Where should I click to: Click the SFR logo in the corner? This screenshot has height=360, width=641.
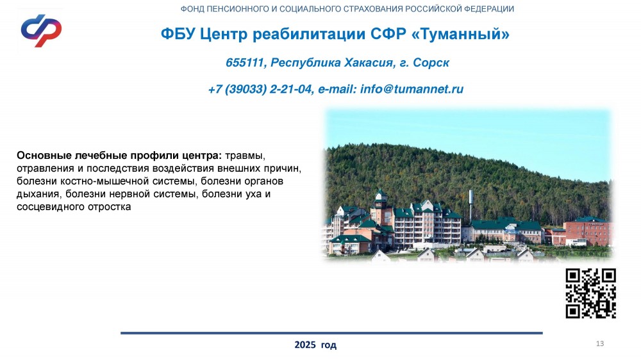click(41, 31)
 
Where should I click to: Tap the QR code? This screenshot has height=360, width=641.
click(591, 293)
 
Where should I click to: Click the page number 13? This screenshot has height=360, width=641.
click(600, 343)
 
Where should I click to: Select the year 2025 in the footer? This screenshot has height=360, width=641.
click(305, 345)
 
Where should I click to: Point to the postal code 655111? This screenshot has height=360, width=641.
click(244, 63)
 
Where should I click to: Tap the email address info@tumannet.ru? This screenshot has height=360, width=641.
click(412, 89)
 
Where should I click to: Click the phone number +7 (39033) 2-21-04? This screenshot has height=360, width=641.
click(260, 89)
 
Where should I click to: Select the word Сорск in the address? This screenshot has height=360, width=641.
click(431, 63)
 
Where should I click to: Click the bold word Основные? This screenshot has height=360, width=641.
click(44, 155)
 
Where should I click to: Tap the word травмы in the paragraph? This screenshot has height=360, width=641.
click(245, 156)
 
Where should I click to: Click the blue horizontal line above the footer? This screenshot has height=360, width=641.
click(331, 333)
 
